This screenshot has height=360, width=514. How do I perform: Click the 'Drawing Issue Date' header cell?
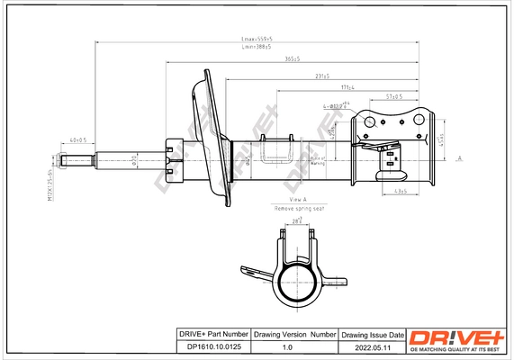(372, 334)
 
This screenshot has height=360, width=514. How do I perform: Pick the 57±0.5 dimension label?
(393, 95)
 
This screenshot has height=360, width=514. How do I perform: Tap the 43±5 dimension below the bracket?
(401, 192)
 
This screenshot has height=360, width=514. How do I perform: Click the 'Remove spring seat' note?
(299, 208)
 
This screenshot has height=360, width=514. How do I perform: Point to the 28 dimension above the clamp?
(296, 220)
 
